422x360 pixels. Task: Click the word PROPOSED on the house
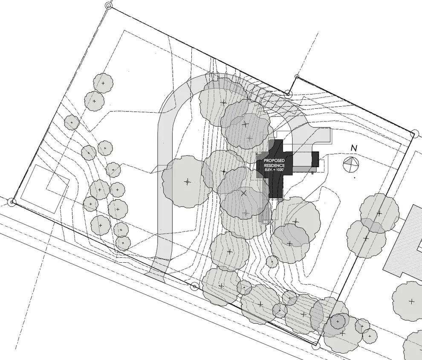(274, 161)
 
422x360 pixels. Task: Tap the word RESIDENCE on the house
(274, 165)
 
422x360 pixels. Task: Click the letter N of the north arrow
(354, 148)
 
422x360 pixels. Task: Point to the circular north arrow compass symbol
(351, 164)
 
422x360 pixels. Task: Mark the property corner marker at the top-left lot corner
(108, 6)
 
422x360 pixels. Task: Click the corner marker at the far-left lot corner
(12, 202)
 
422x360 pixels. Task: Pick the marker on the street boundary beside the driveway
(194, 286)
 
